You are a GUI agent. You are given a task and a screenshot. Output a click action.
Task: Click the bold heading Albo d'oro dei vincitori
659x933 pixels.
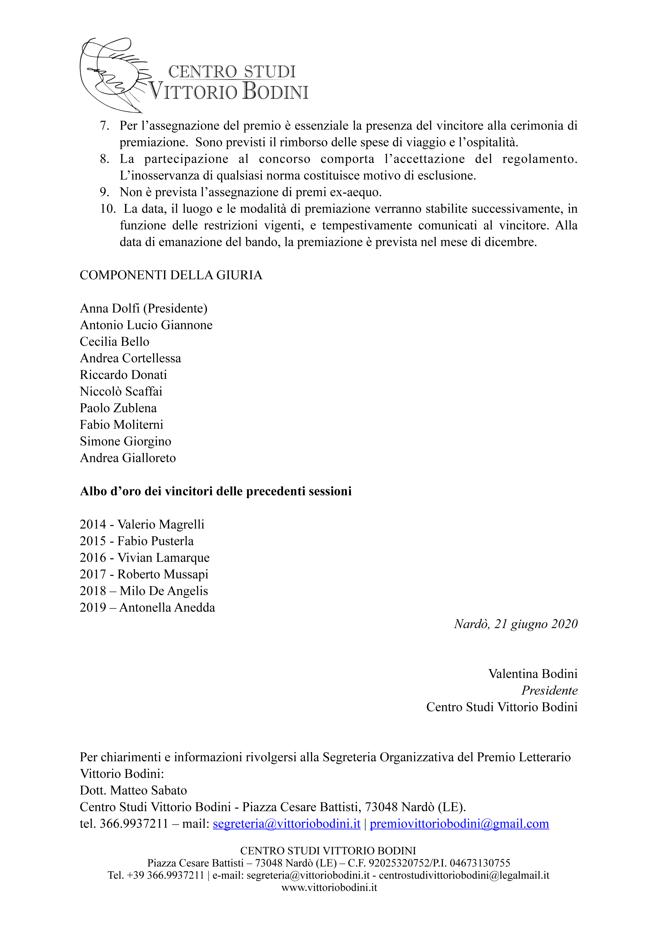(216, 491)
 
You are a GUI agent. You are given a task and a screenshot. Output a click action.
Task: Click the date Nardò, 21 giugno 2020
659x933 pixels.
(516, 624)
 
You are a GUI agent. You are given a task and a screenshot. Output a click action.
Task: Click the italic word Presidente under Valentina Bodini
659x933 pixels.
(549, 690)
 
